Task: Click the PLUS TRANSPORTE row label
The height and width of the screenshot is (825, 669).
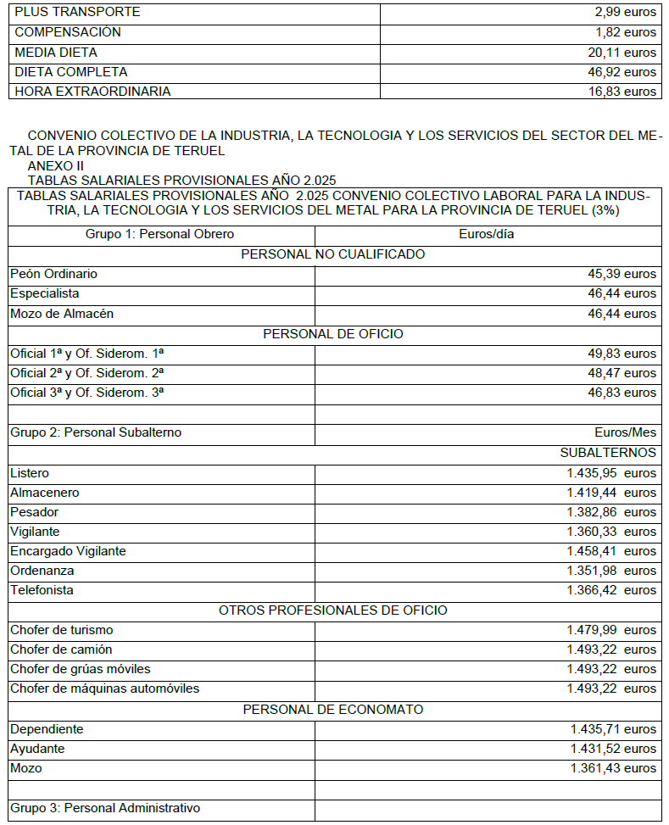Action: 77,13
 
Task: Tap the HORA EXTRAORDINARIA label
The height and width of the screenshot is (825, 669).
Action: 92,92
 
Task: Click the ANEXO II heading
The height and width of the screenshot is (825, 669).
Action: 55,165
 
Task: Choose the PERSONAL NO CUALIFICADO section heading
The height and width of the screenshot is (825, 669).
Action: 333,254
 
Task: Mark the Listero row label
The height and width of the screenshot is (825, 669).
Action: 30,473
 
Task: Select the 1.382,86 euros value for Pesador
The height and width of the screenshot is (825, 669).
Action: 611,512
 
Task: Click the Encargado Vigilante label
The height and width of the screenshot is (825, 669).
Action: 68,551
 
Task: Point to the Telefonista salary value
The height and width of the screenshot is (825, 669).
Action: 611,590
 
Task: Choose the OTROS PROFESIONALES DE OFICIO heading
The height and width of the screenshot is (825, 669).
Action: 333,610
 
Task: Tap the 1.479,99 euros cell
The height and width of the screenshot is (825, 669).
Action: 611,630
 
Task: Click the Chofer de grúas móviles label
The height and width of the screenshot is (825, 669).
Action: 81,669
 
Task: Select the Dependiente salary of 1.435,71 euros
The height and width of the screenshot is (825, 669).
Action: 613,729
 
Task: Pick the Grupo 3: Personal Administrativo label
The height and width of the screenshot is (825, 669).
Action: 105,808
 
